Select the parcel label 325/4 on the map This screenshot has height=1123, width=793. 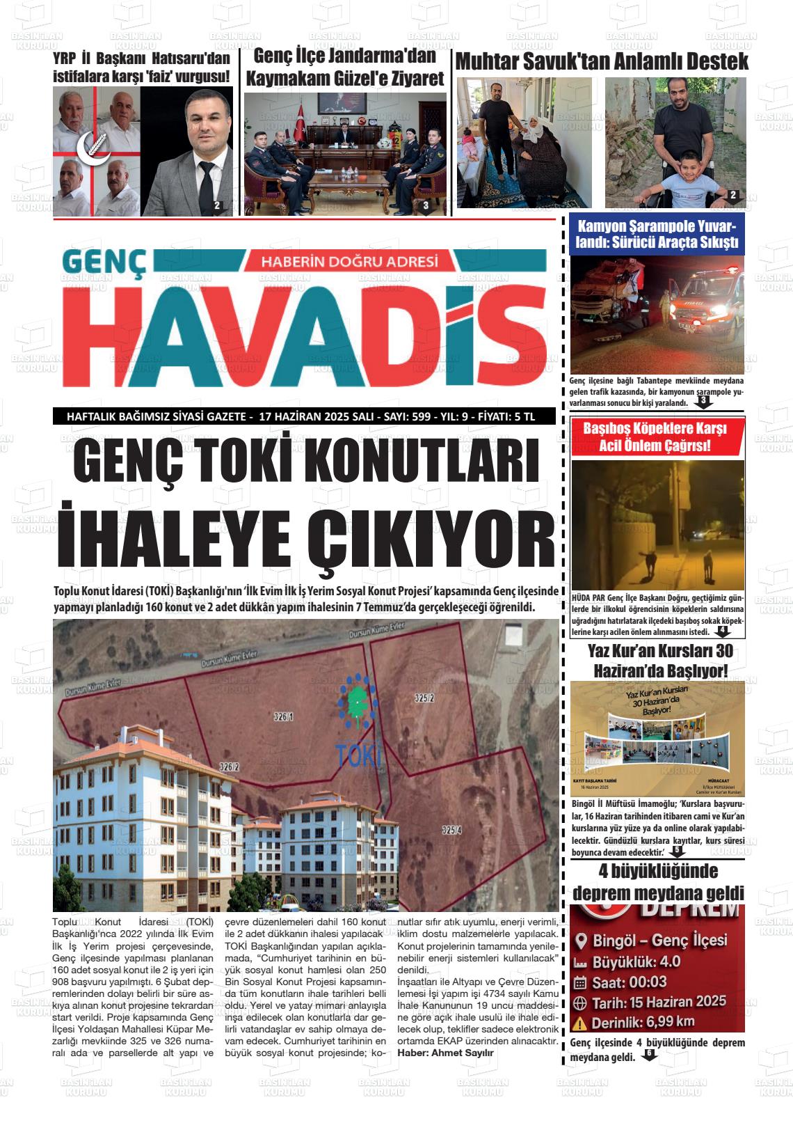tap(451, 830)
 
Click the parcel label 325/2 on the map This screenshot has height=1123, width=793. tap(424, 697)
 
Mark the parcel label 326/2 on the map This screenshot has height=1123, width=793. tap(230, 767)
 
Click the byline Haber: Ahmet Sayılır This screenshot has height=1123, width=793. tap(445, 1053)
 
